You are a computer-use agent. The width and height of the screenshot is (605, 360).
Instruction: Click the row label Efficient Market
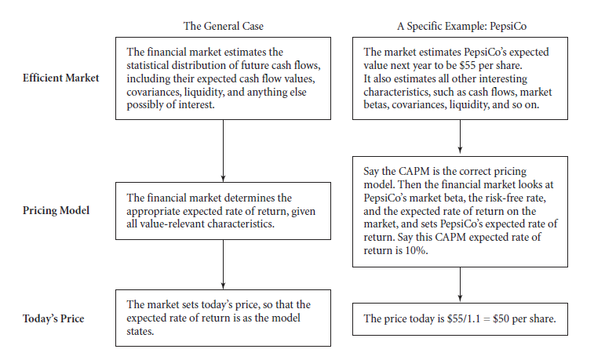pos(60,78)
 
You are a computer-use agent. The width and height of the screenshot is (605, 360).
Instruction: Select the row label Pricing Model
pos(56,210)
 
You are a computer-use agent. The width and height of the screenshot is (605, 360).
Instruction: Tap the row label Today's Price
pos(53,318)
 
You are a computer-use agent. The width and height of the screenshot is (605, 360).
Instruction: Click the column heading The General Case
pos(224,26)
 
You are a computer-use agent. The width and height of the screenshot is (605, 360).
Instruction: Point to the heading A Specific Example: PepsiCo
pos(462,26)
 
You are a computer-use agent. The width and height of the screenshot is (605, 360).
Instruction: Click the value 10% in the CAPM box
pos(417,250)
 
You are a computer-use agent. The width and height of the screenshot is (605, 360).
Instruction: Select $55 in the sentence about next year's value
pos(468,65)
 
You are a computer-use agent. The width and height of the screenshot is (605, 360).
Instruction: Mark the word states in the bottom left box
pos(140,332)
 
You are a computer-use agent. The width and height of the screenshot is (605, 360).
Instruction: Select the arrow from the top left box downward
pos(223,151)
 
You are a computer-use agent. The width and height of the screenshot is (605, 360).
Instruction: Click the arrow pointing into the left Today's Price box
pos(223,264)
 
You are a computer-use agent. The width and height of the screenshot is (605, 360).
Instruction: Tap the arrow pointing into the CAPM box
pos(460,136)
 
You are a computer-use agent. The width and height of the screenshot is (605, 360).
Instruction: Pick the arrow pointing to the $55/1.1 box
pos(460,285)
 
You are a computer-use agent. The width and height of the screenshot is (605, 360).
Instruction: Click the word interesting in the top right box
pos(506,78)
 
